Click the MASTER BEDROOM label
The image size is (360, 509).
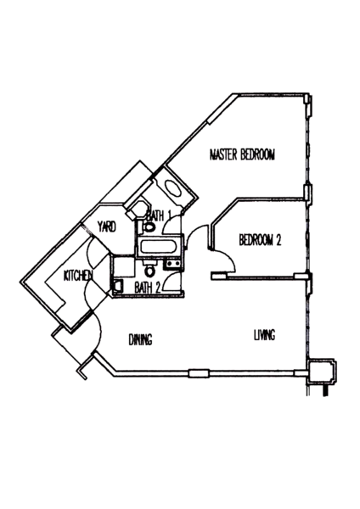242,155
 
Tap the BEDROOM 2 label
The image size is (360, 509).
260,240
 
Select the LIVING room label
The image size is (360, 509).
264,335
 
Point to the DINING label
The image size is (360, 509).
141,339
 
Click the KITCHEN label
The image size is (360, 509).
78,276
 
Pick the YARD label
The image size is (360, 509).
107,227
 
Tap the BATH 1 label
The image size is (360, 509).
159,215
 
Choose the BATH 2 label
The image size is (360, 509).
148,288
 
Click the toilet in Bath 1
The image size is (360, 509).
149,227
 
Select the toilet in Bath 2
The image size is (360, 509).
149,269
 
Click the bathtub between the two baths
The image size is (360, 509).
158,247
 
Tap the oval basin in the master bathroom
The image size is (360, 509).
173,188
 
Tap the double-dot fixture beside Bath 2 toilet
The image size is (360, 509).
172,264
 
